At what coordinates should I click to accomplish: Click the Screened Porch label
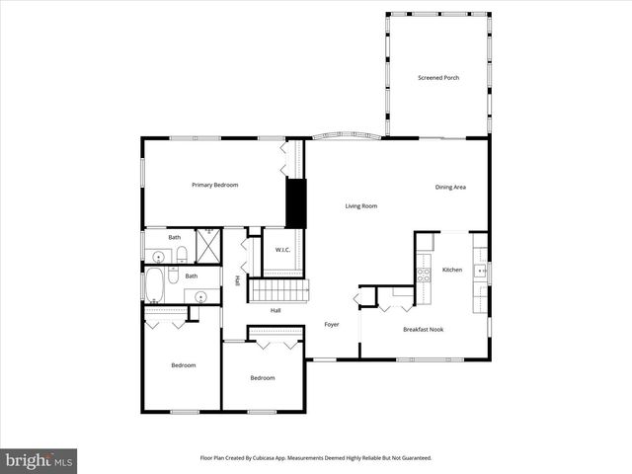[x=438, y=78]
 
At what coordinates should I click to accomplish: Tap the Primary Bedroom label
[x=214, y=185]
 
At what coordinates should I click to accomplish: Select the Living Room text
[x=361, y=206]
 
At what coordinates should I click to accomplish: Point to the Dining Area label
[x=450, y=187]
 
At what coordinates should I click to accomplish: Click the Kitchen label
[x=452, y=270]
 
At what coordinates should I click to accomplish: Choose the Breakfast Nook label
[x=423, y=329]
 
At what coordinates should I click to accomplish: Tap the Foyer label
[x=332, y=325]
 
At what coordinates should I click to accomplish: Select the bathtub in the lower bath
[x=155, y=286]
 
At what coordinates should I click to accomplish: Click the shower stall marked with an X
[x=207, y=244]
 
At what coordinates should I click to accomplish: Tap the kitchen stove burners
[x=424, y=269]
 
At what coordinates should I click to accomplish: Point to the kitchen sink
[x=481, y=269]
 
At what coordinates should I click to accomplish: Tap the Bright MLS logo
[x=39, y=460]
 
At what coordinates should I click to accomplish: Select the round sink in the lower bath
[x=200, y=295]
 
